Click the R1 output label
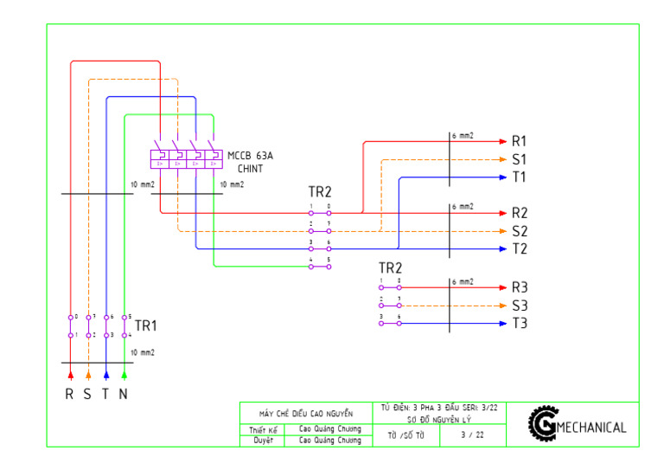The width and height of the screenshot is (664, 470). click(x=520, y=141)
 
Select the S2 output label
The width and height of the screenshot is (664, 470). click(x=520, y=231)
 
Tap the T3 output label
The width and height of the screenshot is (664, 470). click(x=520, y=324)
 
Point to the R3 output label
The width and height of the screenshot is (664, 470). click(x=520, y=287)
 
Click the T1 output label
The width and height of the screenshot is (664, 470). click(x=520, y=177)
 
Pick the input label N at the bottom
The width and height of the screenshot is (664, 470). click(x=124, y=395)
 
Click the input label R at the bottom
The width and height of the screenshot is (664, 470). click(x=70, y=395)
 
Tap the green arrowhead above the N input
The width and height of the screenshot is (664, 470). click(x=124, y=375)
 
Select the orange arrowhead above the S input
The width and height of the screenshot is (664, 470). click(x=88, y=375)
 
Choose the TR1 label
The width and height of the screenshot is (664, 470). click(x=146, y=326)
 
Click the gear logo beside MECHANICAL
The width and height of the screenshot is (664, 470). click(x=544, y=423)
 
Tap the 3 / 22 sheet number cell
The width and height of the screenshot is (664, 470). click(x=473, y=435)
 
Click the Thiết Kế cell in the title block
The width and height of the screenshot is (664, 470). click(x=263, y=429)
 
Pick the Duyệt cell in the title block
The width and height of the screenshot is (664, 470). click(x=263, y=441)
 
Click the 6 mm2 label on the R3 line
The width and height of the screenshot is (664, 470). click(x=463, y=282)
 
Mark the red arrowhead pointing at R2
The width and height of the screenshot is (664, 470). click(x=501, y=213)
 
